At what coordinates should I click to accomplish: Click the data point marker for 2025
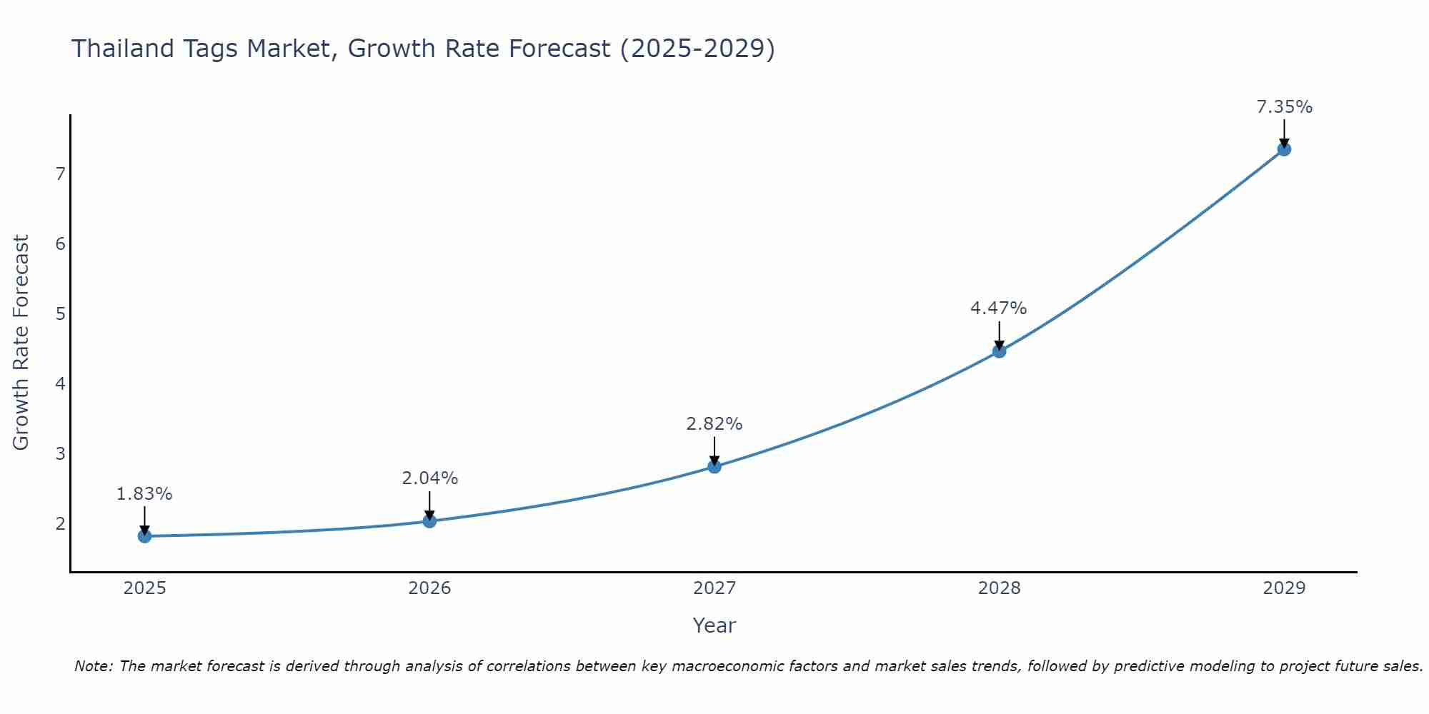[x=144, y=536]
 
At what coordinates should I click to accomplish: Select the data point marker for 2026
[x=429, y=521]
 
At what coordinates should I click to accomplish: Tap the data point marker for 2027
[x=714, y=467]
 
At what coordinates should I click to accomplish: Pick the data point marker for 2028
[x=999, y=351]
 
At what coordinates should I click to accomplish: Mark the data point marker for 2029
[x=1284, y=149]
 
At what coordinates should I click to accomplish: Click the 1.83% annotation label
[x=144, y=494]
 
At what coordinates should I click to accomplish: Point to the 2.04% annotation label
[x=429, y=478]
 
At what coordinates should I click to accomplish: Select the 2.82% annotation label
[x=714, y=424]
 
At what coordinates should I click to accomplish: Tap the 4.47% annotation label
[x=998, y=308]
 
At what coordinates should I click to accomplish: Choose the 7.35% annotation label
[x=1284, y=107]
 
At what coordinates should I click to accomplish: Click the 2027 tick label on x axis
[x=714, y=588]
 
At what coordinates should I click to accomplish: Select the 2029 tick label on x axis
[x=1284, y=588]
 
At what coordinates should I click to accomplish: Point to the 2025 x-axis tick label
[x=144, y=588]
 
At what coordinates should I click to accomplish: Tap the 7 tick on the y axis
[x=60, y=174]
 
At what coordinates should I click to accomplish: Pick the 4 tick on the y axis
[x=60, y=384]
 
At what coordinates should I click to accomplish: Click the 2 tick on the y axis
[x=60, y=524]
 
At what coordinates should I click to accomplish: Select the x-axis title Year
[x=714, y=625]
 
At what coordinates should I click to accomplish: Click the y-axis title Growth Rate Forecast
[x=21, y=343]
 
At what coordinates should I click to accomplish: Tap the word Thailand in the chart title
[x=119, y=49]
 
